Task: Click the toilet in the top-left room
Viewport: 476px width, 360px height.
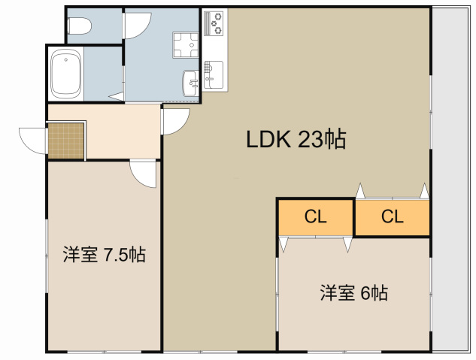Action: (79, 26)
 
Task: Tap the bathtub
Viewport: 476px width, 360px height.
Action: (66, 74)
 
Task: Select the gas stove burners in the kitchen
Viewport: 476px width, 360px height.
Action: (214, 23)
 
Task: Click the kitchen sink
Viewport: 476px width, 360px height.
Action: (214, 74)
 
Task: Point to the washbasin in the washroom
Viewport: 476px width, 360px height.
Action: (191, 83)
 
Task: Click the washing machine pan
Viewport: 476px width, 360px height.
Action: (186, 45)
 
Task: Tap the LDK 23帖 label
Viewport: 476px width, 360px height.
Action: (296, 140)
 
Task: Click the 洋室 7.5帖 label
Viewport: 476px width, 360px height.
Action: (105, 255)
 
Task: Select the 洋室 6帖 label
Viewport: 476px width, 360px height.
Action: (354, 292)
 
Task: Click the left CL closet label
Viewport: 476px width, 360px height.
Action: (315, 217)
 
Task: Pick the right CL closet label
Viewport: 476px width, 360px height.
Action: (393, 217)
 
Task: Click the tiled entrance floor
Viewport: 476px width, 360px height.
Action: (66, 141)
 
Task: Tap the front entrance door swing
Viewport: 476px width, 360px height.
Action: (33, 141)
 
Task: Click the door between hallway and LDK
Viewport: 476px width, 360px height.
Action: (175, 121)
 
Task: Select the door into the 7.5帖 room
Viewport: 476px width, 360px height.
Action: (143, 174)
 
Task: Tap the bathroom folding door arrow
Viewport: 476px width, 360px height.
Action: (116, 97)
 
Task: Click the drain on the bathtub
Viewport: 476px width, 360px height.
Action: (66, 59)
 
